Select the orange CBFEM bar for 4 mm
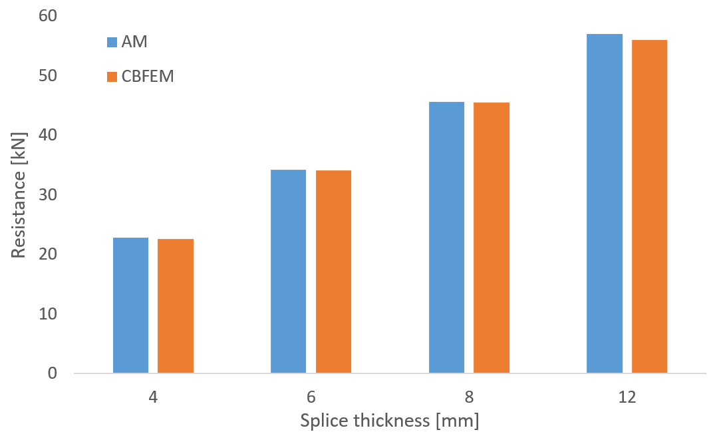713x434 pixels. pyautogui.click(x=176, y=306)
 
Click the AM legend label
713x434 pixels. pyautogui.click(x=134, y=43)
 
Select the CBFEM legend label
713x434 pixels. pyautogui.click(x=148, y=77)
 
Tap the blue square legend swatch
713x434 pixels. pyautogui.click(x=112, y=43)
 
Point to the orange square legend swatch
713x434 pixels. pyautogui.click(x=112, y=77)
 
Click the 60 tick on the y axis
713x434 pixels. pyautogui.click(x=48, y=16)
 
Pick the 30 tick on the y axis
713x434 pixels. pyautogui.click(x=48, y=194)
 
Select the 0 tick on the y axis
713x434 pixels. pyautogui.click(x=53, y=373)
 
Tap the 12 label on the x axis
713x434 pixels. pyautogui.click(x=627, y=397)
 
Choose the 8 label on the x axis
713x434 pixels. pyautogui.click(x=469, y=397)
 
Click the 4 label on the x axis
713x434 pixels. pyautogui.click(x=153, y=397)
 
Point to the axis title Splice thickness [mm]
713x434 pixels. pyautogui.click(x=390, y=421)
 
